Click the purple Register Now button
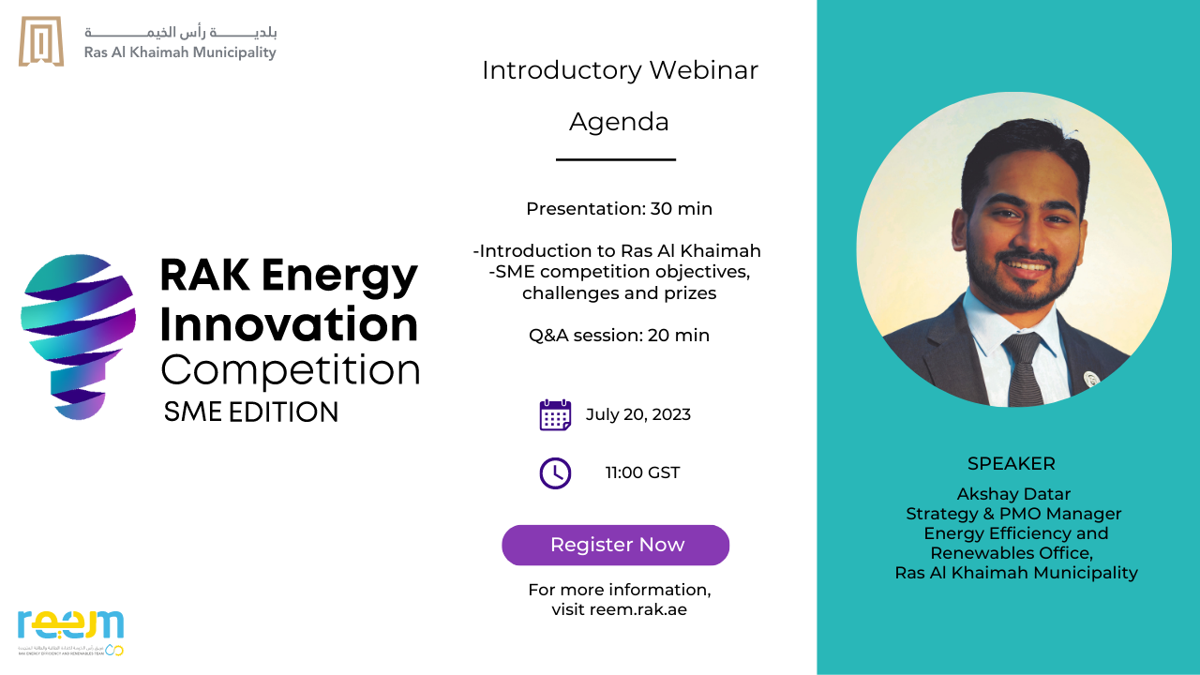(x=616, y=545)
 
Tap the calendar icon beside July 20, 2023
(x=555, y=414)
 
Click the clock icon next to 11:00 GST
(x=555, y=472)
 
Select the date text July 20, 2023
(x=638, y=414)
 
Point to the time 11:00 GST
(x=642, y=472)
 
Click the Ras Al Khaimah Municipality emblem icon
(x=41, y=42)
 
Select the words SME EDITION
(x=251, y=412)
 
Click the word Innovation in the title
(x=289, y=324)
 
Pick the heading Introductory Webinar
(x=620, y=70)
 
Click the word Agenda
(x=619, y=122)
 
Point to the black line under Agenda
(x=616, y=160)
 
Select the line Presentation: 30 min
(x=619, y=208)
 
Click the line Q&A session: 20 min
(x=619, y=335)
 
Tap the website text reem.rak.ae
(x=644, y=609)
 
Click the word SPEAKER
(x=1012, y=464)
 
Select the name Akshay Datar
(x=1013, y=494)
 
